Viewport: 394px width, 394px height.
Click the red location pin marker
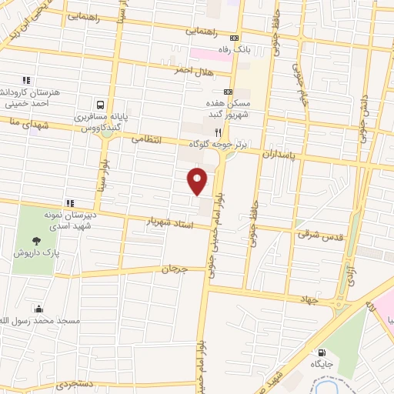(198, 181)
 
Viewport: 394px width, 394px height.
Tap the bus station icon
(100, 105)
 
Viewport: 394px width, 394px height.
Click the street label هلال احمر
(191, 69)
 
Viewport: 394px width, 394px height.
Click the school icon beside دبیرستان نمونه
(70, 203)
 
